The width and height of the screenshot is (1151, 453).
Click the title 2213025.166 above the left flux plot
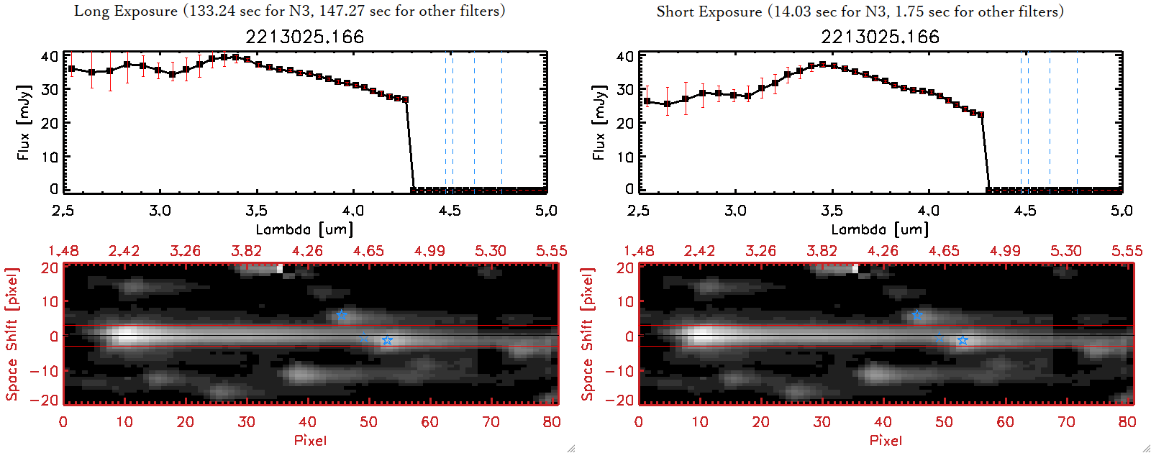304,37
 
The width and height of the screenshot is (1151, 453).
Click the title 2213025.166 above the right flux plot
880,37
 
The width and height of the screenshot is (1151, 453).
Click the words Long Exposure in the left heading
126,11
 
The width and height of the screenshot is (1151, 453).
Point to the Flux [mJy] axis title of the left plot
24,122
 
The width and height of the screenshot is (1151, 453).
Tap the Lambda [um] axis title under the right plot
880,229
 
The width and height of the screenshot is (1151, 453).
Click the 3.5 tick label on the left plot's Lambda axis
256,211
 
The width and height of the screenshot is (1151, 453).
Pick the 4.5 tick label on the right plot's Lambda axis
1025,211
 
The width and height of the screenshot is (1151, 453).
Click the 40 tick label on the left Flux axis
50,56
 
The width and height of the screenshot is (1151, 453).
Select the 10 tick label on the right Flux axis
625,156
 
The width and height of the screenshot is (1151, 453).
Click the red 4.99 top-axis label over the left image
429,251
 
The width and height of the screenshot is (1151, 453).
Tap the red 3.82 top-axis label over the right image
822,251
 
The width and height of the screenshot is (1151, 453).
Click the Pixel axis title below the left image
310,440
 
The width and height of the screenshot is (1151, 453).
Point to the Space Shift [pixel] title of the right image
588,334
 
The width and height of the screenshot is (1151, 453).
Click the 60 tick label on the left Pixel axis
429,422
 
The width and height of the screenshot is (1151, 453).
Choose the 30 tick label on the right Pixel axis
822,422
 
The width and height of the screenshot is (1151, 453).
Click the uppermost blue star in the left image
341,315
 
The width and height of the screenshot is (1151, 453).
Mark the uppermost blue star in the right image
916,315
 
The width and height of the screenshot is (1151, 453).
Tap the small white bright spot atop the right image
855,269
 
